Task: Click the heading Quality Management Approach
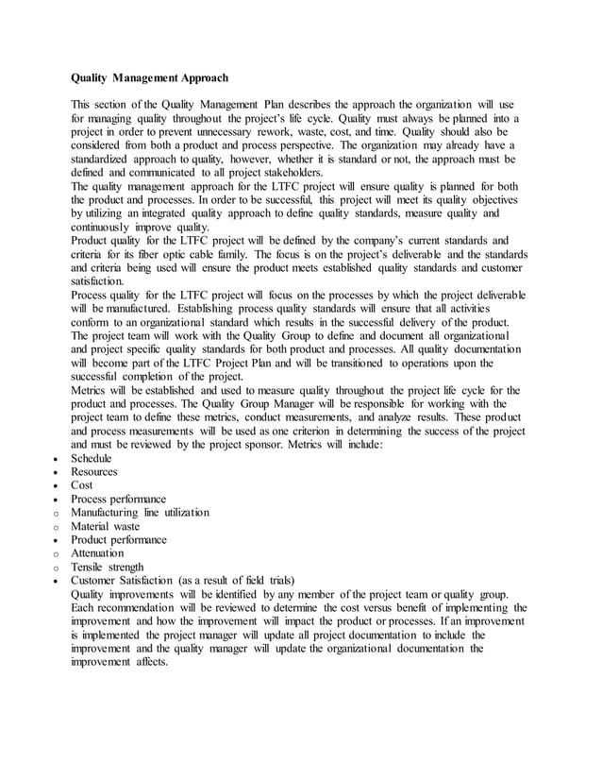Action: pos(150,76)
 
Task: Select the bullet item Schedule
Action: pos(92,458)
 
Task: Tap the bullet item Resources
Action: pos(94,471)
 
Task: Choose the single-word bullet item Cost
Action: pos(82,485)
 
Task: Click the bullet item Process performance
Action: pos(119,499)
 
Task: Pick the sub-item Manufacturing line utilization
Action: pos(140,513)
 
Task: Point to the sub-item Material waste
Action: pos(105,526)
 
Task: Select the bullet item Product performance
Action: pos(119,539)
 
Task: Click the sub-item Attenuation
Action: pos(97,553)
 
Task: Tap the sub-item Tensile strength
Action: pos(108,567)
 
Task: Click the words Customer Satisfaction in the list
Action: pos(122,580)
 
